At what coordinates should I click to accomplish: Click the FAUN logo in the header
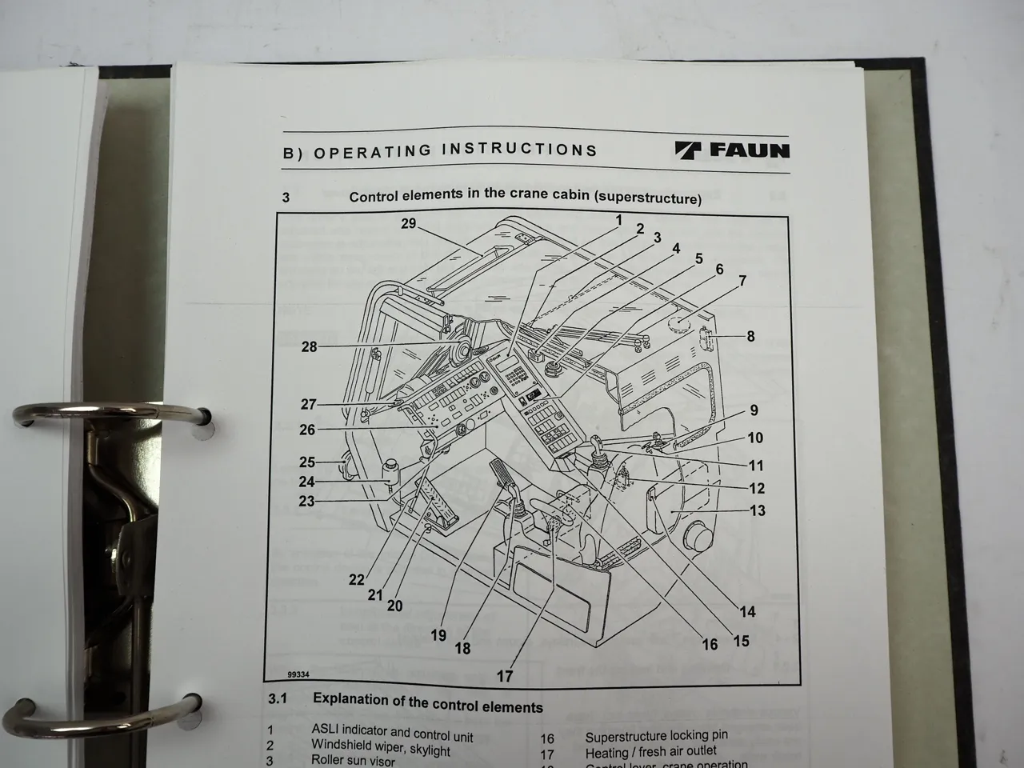click(733, 150)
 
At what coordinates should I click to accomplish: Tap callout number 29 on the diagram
click(408, 224)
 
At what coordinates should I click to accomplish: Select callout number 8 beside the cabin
click(750, 336)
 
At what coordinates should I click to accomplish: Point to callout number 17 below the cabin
click(505, 676)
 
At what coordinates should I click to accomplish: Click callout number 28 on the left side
click(309, 346)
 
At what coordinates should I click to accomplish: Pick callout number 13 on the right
click(757, 510)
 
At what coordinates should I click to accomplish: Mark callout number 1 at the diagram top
click(618, 218)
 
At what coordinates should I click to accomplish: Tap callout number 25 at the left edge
click(307, 462)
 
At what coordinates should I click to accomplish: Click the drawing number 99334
click(299, 675)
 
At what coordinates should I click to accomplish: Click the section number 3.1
click(277, 698)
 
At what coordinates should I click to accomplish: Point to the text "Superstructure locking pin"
click(656, 736)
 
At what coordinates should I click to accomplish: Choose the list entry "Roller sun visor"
click(353, 760)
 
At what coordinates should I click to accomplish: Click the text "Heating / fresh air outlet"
click(650, 752)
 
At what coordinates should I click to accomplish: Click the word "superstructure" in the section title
click(649, 198)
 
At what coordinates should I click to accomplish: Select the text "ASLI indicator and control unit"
click(392, 734)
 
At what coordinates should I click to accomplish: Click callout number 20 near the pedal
click(394, 606)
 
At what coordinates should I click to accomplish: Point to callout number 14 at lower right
click(746, 612)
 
